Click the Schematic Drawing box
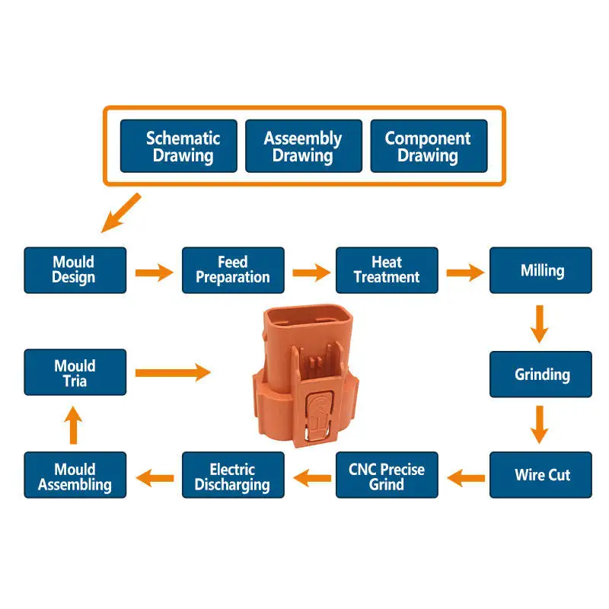[183, 146]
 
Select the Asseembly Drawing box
[303, 146]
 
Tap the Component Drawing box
[428, 146]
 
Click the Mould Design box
[75, 270]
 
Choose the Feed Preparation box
[233, 270]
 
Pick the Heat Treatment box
[387, 270]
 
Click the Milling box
[540, 270]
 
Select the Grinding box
[540, 374]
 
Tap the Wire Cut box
[540, 475]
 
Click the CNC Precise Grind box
[387, 475]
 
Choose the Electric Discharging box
[233, 475]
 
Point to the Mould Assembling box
[75, 475]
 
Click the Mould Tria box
[75, 372]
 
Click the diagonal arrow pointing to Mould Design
[121, 213]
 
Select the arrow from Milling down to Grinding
[540, 324]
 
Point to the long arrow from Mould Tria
[172, 372]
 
